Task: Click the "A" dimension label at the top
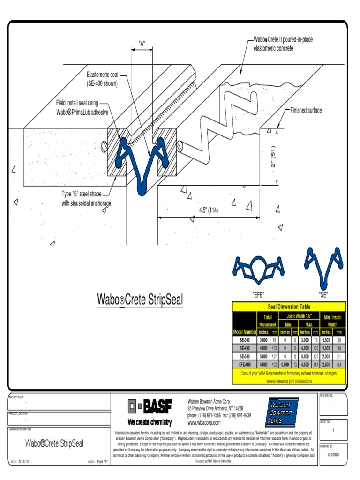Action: tap(142, 44)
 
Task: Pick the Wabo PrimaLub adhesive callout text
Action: tap(82, 107)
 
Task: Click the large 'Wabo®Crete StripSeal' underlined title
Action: tap(140, 299)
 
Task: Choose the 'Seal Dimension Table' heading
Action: tap(289, 307)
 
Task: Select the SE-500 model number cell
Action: tap(245, 356)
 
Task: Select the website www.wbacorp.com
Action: tap(204, 422)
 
